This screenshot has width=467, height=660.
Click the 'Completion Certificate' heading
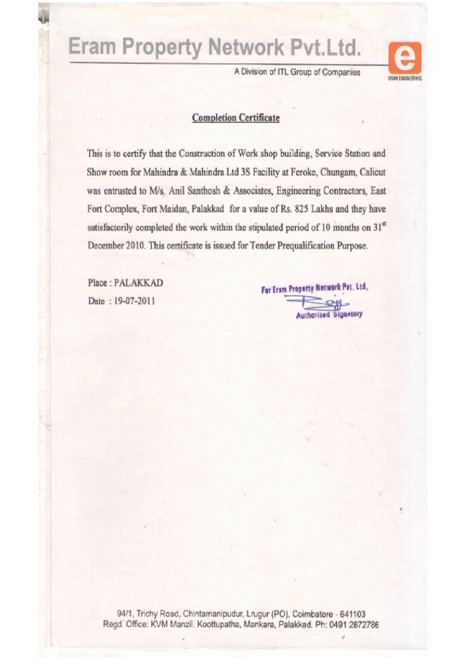(x=236, y=118)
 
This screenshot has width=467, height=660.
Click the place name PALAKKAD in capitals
(x=139, y=282)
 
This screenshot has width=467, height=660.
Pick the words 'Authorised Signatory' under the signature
(x=329, y=314)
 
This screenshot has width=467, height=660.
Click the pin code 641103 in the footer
(x=352, y=613)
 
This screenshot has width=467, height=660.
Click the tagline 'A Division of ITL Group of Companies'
(x=297, y=72)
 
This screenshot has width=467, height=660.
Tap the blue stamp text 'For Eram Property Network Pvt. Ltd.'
(x=314, y=288)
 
